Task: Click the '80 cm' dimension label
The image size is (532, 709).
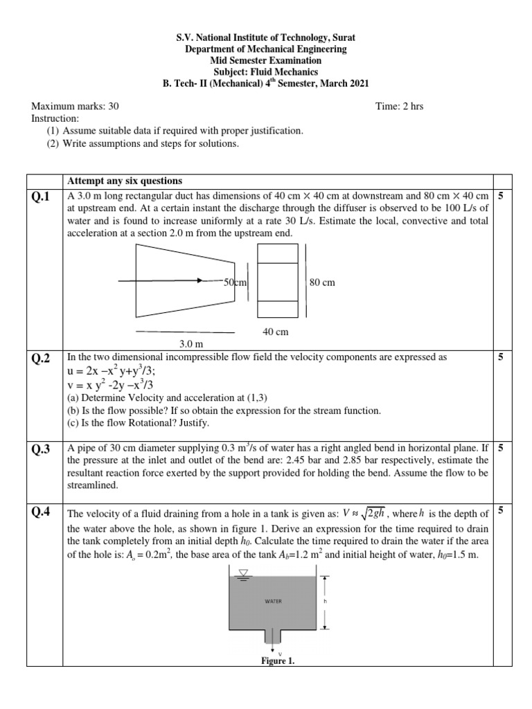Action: (x=323, y=282)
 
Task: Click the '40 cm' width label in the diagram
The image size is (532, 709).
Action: (x=275, y=332)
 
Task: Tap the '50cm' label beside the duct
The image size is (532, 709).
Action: (x=235, y=282)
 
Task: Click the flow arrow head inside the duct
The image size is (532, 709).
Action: (x=200, y=281)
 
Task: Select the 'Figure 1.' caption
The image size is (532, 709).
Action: (x=278, y=661)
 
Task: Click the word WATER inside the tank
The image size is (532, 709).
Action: (x=273, y=602)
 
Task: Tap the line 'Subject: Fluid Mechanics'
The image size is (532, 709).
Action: (x=265, y=71)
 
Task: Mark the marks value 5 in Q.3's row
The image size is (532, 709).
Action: (x=501, y=448)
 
